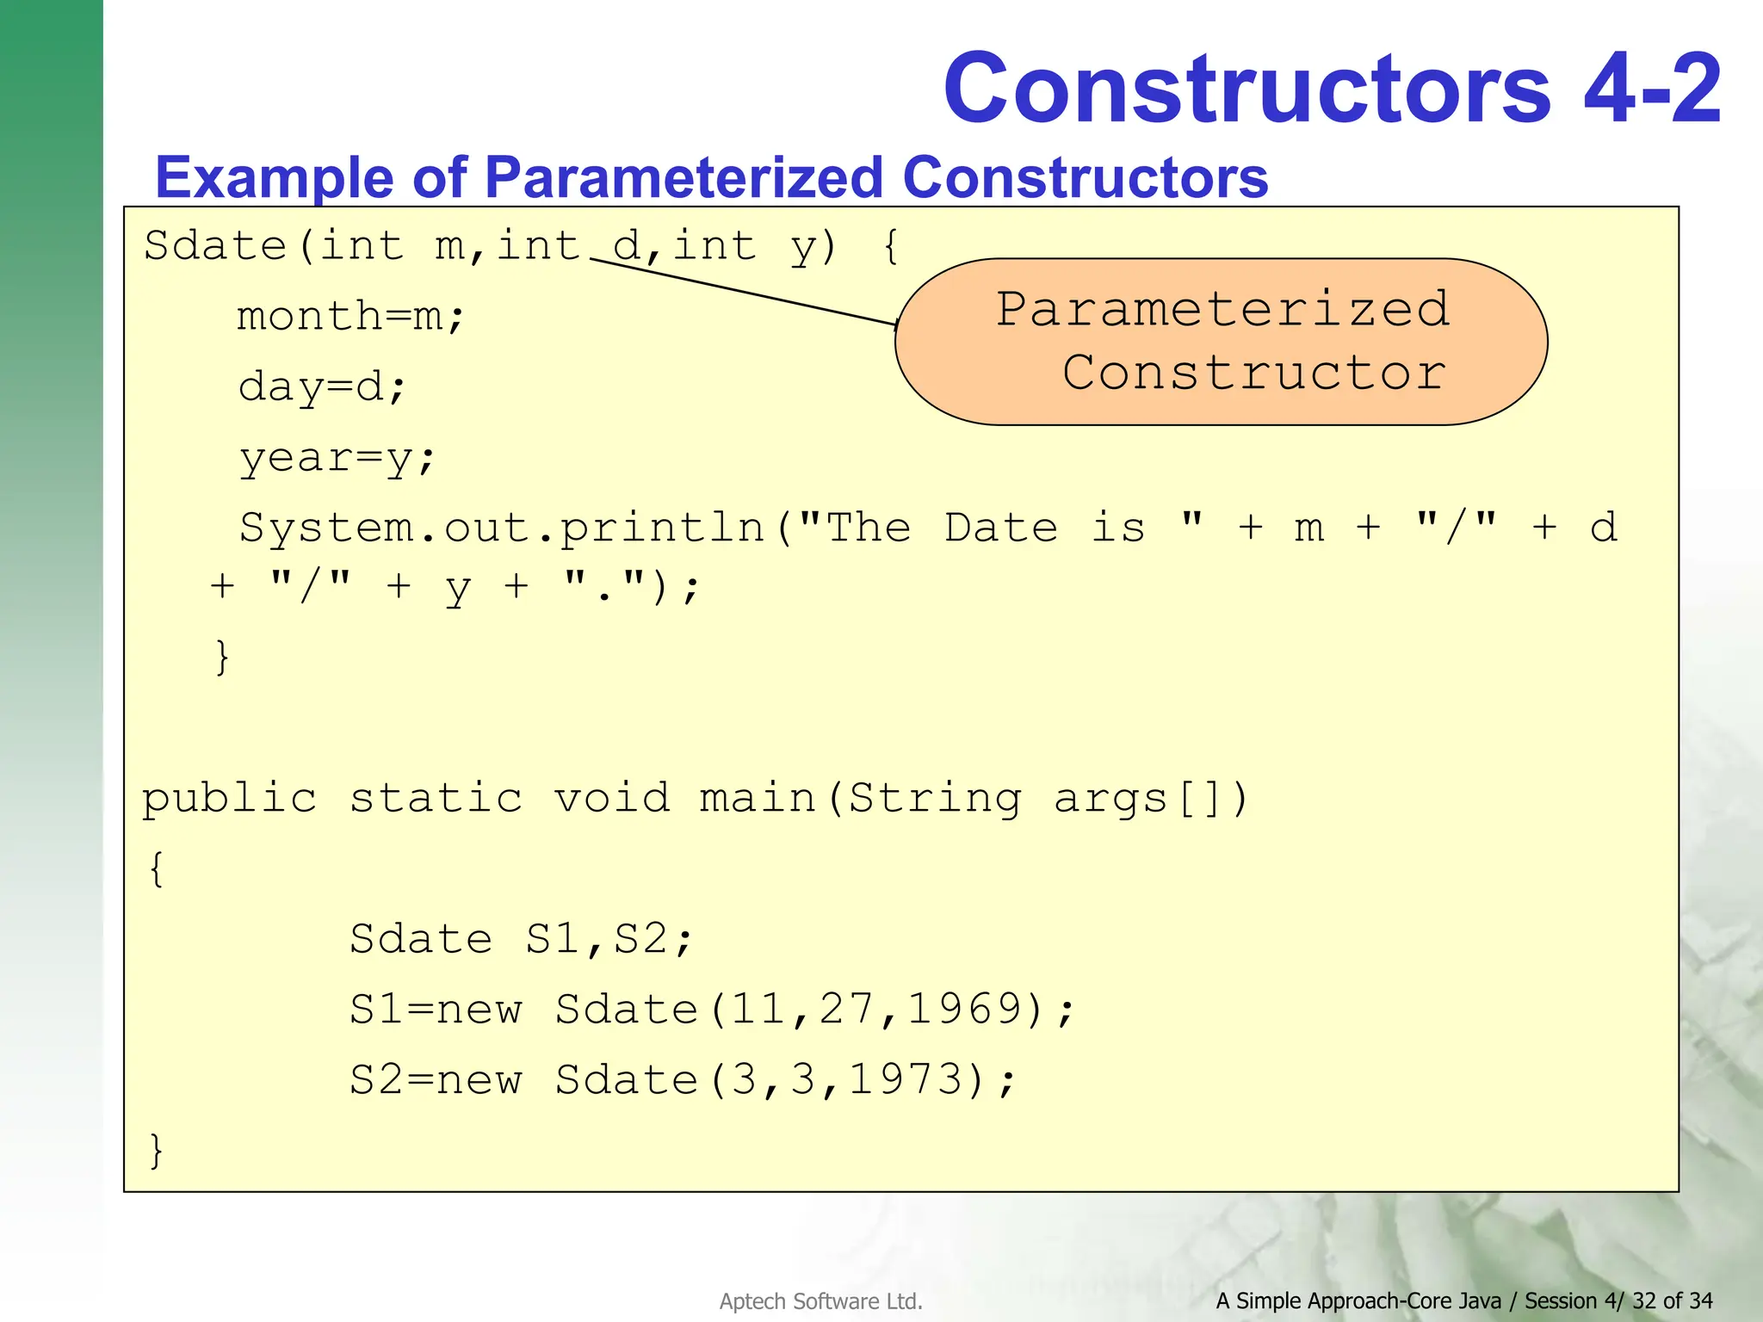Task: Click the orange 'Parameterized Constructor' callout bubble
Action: (x=1221, y=342)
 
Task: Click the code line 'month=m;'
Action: (x=351, y=317)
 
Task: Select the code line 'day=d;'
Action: (x=322, y=387)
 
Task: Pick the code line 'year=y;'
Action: (x=337, y=458)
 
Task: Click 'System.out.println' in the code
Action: (x=502, y=528)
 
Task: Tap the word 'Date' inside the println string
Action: (x=1001, y=528)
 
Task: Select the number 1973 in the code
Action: (x=906, y=1079)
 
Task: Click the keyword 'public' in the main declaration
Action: (x=230, y=799)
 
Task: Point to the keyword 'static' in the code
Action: (x=436, y=799)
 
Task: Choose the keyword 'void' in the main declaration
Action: (x=612, y=799)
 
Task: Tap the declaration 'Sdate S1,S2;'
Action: (x=521, y=938)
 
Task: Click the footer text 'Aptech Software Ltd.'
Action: (x=820, y=1301)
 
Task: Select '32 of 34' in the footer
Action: (x=1672, y=1300)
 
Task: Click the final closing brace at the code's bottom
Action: (x=156, y=1150)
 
